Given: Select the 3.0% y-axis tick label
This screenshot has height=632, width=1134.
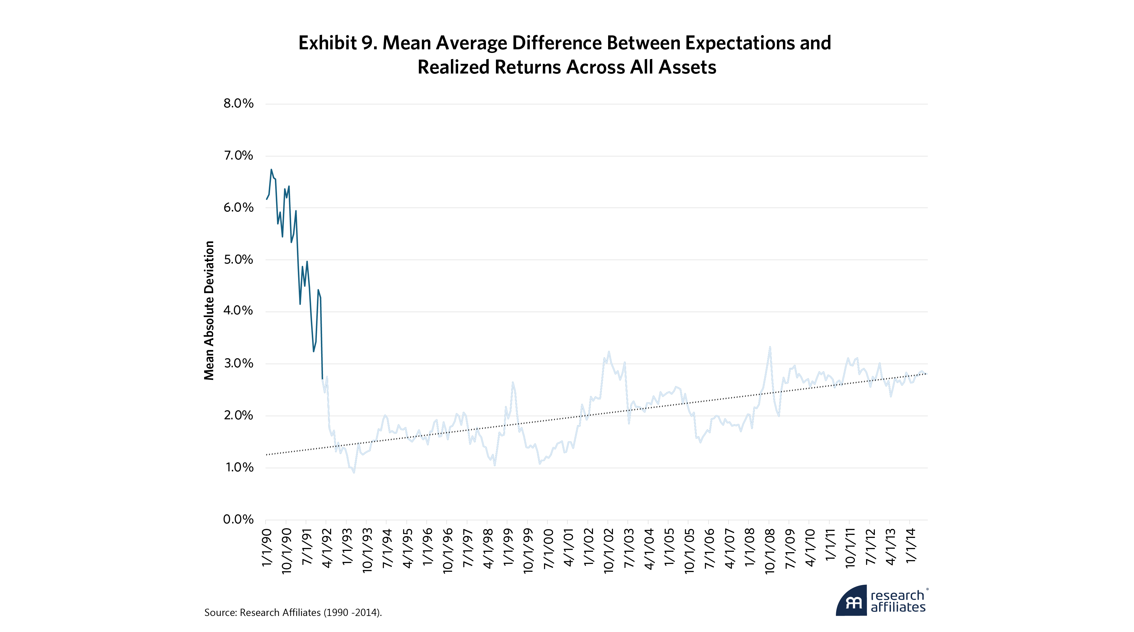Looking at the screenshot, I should point(238,363).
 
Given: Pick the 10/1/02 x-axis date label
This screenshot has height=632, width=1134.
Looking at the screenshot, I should point(608,551).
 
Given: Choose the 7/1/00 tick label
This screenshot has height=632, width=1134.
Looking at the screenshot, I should point(548,548).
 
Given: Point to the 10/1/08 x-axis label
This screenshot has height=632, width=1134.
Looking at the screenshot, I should point(770,551).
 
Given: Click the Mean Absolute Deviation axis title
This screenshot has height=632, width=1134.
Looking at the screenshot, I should point(209,310).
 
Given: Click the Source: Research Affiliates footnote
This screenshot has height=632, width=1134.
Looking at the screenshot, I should point(293,613).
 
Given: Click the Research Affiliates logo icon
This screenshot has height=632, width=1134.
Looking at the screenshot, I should point(851,601).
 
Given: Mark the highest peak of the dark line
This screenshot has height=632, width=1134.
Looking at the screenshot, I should point(271,169).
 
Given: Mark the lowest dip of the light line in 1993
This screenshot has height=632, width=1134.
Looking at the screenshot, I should point(354,473).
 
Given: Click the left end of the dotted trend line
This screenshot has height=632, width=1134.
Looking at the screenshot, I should point(267,454).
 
